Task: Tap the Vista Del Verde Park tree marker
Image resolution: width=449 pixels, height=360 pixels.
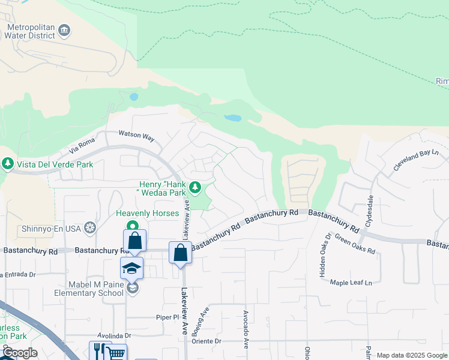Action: point(8,164)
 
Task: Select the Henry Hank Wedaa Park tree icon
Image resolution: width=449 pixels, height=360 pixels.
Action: point(194,188)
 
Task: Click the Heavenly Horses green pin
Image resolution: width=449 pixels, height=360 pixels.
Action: point(131,226)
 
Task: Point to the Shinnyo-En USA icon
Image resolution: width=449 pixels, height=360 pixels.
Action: point(89,227)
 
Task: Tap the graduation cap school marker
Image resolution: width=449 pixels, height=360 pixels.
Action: point(132,268)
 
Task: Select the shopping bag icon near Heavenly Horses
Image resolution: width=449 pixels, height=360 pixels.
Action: point(134,241)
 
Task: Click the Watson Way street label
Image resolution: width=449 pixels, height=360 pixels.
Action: point(136,136)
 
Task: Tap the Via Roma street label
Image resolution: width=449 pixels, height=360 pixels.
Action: point(83,145)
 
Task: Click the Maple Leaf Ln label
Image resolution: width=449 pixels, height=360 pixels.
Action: point(351,282)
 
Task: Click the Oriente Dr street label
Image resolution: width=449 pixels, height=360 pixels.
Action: point(206,341)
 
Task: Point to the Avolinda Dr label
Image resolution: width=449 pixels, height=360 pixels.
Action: point(115,335)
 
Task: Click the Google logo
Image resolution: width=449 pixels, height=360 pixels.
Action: point(19,353)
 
